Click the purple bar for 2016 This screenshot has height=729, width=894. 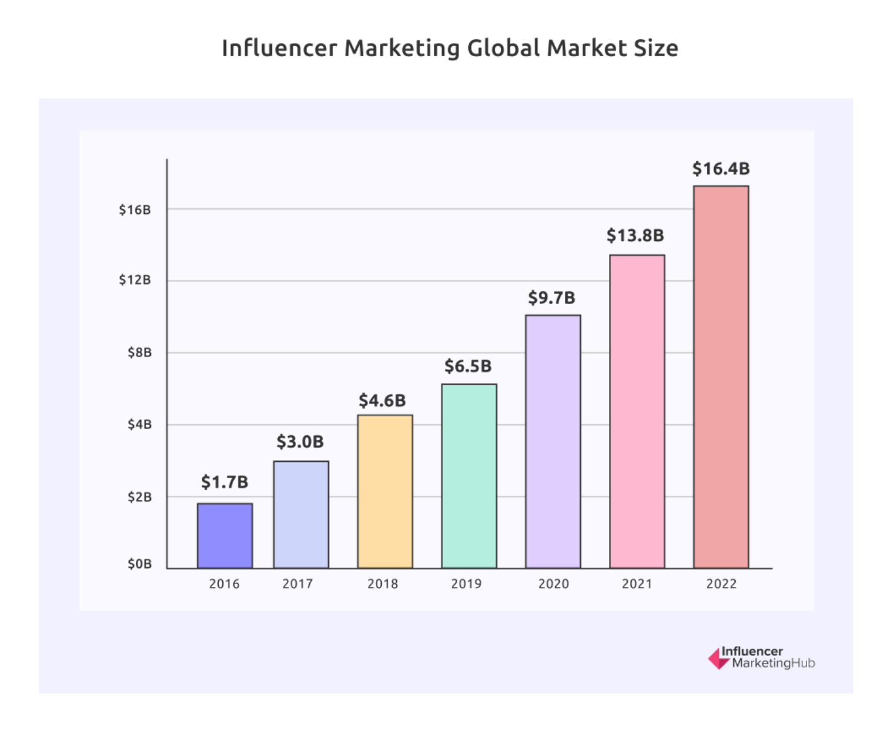coord(225,536)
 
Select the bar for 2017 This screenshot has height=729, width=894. coord(301,514)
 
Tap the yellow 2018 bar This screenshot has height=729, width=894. coord(385,491)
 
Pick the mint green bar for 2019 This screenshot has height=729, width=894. coord(469,476)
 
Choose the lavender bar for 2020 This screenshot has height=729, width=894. coord(553,441)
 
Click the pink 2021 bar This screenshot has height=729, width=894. coord(637,411)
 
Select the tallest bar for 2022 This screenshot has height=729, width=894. coord(721,377)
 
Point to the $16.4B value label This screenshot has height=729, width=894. coord(721,169)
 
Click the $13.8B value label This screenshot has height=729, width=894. coord(635,235)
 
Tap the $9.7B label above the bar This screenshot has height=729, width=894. coord(552,297)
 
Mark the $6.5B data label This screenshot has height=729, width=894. coord(468,366)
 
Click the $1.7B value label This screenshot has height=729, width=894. coord(224,482)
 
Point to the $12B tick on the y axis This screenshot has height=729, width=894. coord(135,280)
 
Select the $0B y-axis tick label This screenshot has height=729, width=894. coord(139,564)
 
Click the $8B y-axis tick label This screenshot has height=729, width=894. coord(139,352)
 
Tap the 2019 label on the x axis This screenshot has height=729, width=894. coord(466,584)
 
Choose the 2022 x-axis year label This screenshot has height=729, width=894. coord(721,584)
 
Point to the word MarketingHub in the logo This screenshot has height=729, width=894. coord(773,664)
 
